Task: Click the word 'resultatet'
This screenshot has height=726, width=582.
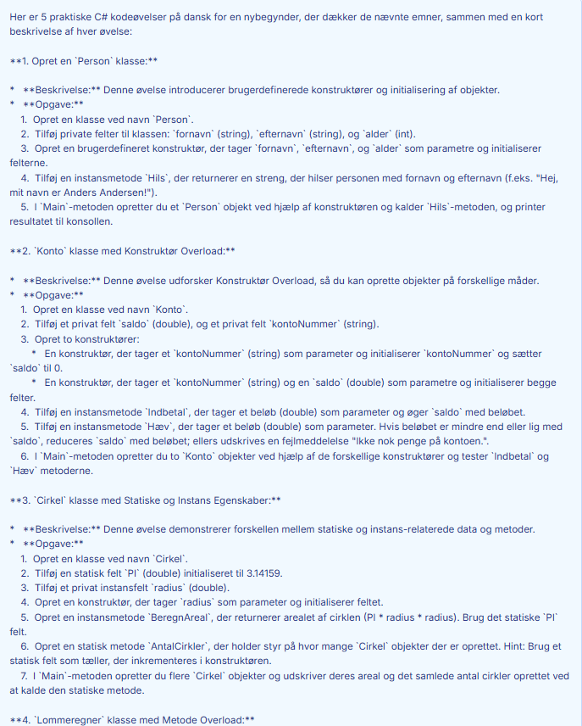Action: click(x=36, y=221)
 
